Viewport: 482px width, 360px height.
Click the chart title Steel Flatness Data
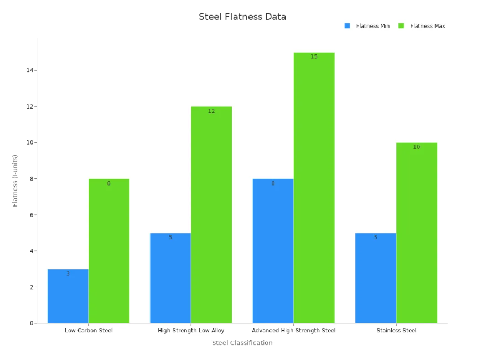tap(242, 17)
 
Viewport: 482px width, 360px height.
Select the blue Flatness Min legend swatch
tap(347, 26)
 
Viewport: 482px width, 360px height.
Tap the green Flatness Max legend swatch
tap(401, 26)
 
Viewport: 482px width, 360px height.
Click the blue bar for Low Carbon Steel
tap(68, 296)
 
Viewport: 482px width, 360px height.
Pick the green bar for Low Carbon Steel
tap(109, 251)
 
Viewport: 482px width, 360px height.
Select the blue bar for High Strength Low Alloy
tap(170, 278)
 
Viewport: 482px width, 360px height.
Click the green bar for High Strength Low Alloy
tap(211, 215)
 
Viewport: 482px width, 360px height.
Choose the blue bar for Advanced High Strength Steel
tap(273, 251)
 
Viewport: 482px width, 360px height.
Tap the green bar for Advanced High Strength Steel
tap(314, 188)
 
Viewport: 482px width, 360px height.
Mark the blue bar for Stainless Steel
tap(375, 278)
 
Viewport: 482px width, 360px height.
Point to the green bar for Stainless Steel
tap(416, 233)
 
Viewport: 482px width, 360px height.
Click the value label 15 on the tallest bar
tap(314, 57)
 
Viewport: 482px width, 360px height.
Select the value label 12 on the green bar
tap(211, 111)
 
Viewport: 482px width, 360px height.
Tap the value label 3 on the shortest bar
tap(68, 274)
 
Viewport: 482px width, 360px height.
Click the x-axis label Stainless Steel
tap(396, 331)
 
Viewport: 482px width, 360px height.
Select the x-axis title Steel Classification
tap(242, 343)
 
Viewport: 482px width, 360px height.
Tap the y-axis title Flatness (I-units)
tap(15, 181)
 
